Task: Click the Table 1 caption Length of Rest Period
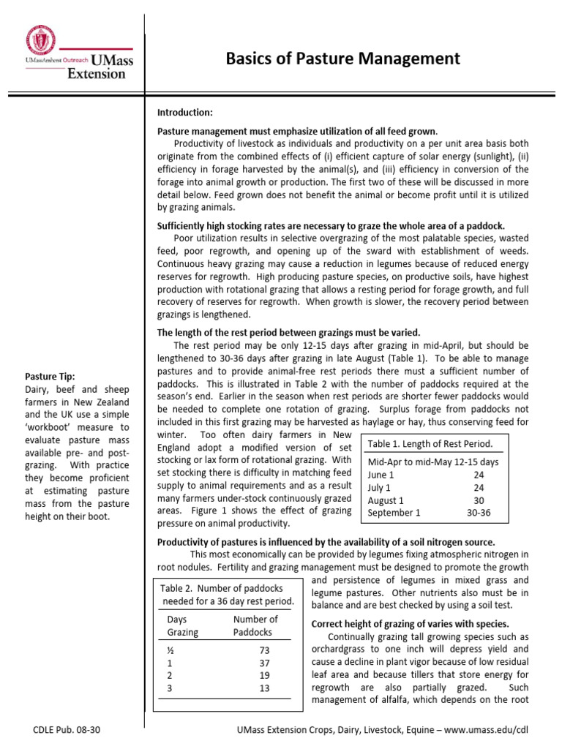pos(430,444)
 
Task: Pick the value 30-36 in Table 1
pos(479,513)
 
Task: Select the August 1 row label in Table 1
pos(386,500)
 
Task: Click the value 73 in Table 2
pos(265,650)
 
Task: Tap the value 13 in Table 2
pos(265,688)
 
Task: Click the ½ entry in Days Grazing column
pos(171,650)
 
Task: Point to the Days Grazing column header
pos(179,625)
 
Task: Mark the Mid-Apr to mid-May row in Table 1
pos(433,462)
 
